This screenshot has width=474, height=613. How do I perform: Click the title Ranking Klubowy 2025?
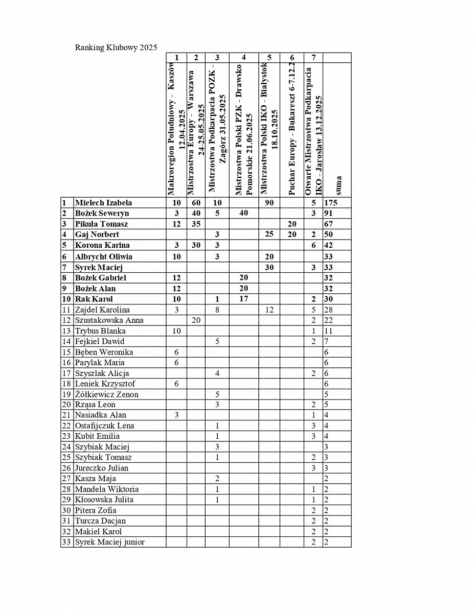116,48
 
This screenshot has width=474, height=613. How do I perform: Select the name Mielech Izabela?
103,203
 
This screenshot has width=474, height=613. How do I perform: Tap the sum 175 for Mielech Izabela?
331,203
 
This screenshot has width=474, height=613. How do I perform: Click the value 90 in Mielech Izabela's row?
269,203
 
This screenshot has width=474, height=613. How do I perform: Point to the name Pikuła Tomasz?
101,224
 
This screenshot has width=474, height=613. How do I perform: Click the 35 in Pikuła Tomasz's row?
196,224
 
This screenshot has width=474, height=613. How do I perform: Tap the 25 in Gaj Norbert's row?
269,234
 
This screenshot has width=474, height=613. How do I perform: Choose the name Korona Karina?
102,245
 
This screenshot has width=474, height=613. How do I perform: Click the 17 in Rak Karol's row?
243,299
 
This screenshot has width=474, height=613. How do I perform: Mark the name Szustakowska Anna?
109,320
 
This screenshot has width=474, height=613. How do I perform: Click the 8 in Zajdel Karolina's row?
217,310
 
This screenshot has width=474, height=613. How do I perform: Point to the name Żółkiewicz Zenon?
106,394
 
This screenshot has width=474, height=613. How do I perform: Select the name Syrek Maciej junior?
109,542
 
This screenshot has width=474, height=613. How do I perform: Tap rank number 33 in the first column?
66,542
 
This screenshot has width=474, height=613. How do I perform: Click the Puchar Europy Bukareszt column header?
292,130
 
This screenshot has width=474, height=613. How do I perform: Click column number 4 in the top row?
243,57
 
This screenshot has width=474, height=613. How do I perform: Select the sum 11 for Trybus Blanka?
329,331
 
